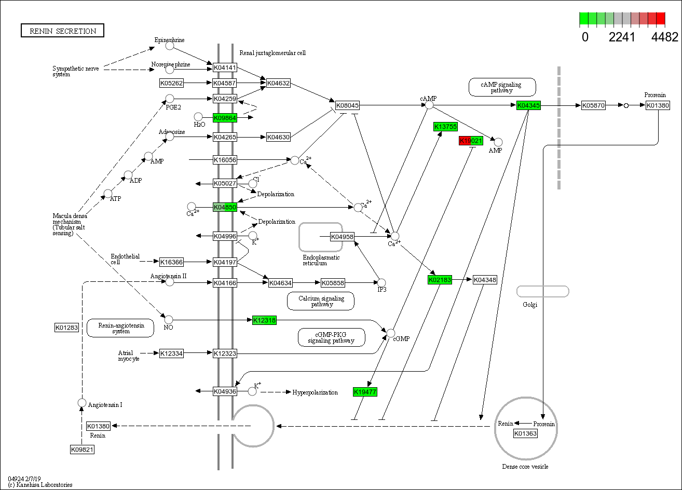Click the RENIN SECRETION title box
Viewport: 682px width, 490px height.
click(62, 31)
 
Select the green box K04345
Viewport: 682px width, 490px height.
click(528, 105)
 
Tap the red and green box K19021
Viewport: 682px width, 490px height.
click(471, 141)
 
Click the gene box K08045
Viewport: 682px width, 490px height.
click(347, 105)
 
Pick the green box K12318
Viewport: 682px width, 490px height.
click(264, 320)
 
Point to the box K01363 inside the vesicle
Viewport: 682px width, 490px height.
click(525, 433)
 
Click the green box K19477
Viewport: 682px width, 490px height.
click(365, 392)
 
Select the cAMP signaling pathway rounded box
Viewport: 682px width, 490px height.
click(502, 87)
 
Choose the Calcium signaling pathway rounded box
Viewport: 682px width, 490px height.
click(321, 301)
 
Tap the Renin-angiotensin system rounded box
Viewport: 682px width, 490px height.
click(120, 328)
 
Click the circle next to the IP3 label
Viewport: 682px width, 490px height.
click(381, 282)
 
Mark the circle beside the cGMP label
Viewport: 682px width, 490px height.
click(391, 333)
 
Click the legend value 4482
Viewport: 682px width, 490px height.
click(664, 37)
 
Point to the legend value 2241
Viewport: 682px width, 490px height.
click(622, 37)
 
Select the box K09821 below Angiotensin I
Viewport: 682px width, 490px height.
click(82, 450)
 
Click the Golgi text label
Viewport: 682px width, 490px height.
click(530, 305)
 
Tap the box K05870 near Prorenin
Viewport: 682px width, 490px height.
click(593, 105)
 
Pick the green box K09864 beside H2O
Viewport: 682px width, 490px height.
click(225, 118)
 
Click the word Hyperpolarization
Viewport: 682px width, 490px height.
click(315, 392)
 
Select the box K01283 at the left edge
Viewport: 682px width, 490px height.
click(66, 328)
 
